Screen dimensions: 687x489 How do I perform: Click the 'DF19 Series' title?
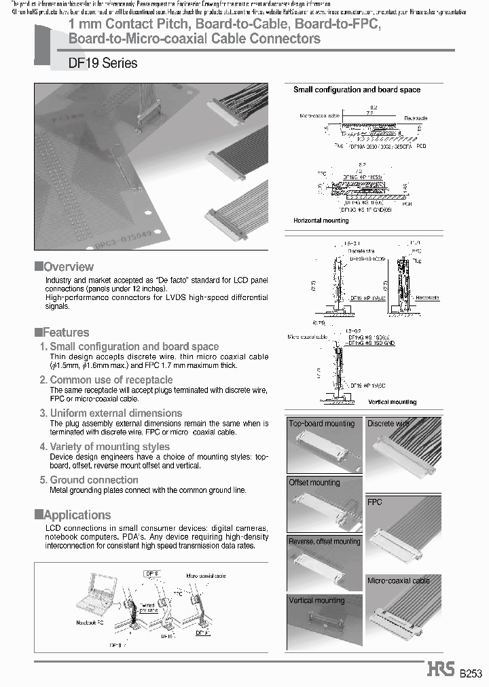103,63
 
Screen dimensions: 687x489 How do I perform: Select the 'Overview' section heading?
68,267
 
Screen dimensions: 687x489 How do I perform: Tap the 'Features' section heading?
65,333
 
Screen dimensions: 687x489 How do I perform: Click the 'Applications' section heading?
76,515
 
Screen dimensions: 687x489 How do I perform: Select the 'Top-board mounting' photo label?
322,424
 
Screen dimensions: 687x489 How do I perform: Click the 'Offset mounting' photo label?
314,483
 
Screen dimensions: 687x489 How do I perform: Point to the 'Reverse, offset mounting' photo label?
325,542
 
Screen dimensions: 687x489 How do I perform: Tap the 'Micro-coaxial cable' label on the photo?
399,581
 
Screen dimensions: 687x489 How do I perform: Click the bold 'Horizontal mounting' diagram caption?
321,221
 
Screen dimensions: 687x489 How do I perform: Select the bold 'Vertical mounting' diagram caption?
392,403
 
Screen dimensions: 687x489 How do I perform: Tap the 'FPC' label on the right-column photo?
375,502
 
